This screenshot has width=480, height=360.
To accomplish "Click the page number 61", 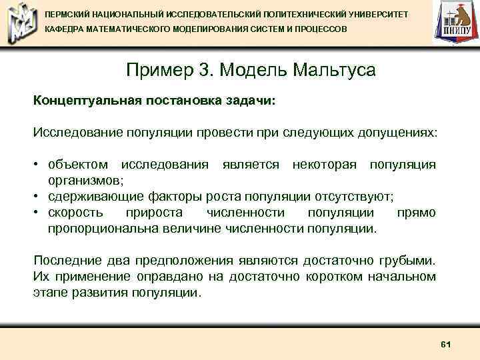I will tap(447, 344).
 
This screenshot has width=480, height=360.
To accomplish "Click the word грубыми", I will tap(410, 260).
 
